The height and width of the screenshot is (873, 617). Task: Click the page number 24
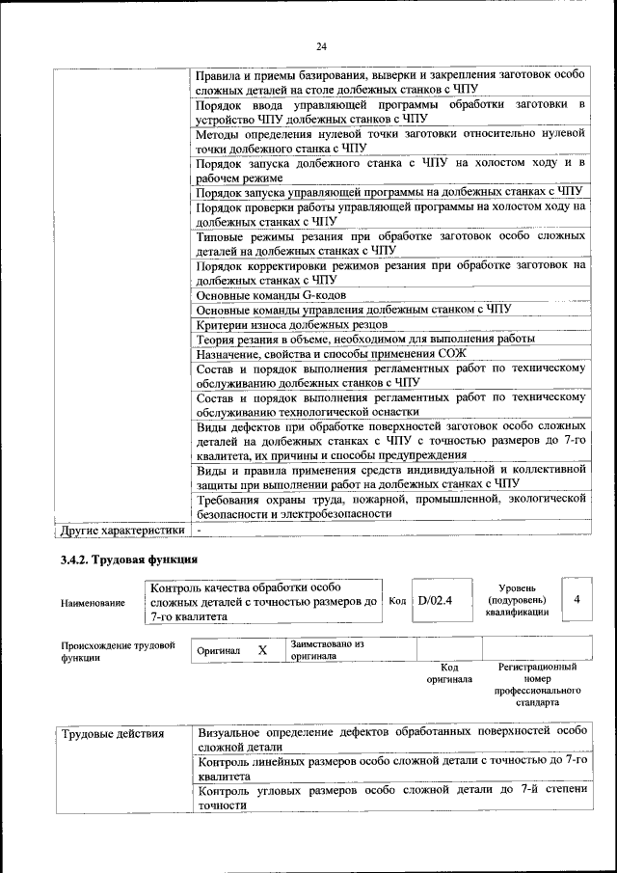pos(321,45)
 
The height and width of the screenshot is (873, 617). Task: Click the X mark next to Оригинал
pos(262,651)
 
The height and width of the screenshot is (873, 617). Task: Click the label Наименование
pos(93,603)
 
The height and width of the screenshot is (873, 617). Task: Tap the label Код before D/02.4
pos(396,600)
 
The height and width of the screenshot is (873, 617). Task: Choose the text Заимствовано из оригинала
pos(326,649)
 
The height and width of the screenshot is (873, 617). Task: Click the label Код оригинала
pos(448,672)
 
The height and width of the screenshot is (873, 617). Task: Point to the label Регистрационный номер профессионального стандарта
pos(537,684)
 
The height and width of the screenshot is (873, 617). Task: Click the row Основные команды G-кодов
pos(271,294)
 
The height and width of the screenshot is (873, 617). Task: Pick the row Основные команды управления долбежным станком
pos(353,310)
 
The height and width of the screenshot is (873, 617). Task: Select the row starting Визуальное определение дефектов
pos(391,739)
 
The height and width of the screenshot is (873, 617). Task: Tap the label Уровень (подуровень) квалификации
pos(524,599)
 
